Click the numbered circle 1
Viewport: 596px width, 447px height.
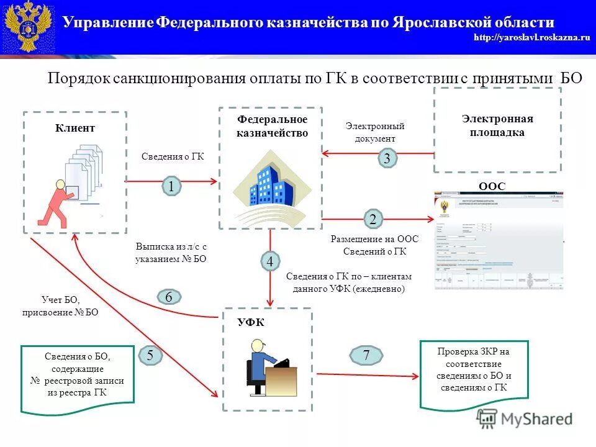coord(171,186)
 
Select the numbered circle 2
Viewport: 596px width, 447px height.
coord(372,219)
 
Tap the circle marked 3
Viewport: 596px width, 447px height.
coord(387,159)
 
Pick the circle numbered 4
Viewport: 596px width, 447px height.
coord(270,262)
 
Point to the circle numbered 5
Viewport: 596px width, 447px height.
coord(151,355)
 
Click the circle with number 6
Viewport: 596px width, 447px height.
coord(168,297)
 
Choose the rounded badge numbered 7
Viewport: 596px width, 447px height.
coord(366,356)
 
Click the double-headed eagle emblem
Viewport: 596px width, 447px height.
coord(27,27)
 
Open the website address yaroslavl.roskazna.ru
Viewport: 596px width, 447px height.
coord(531,38)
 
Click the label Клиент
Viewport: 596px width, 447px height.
coord(75,128)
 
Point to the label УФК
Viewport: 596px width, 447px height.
coord(251,322)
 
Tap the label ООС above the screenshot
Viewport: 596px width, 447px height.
coord(491,186)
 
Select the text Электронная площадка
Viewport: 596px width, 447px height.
coord(497,125)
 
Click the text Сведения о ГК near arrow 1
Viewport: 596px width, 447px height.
coord(173,157)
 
